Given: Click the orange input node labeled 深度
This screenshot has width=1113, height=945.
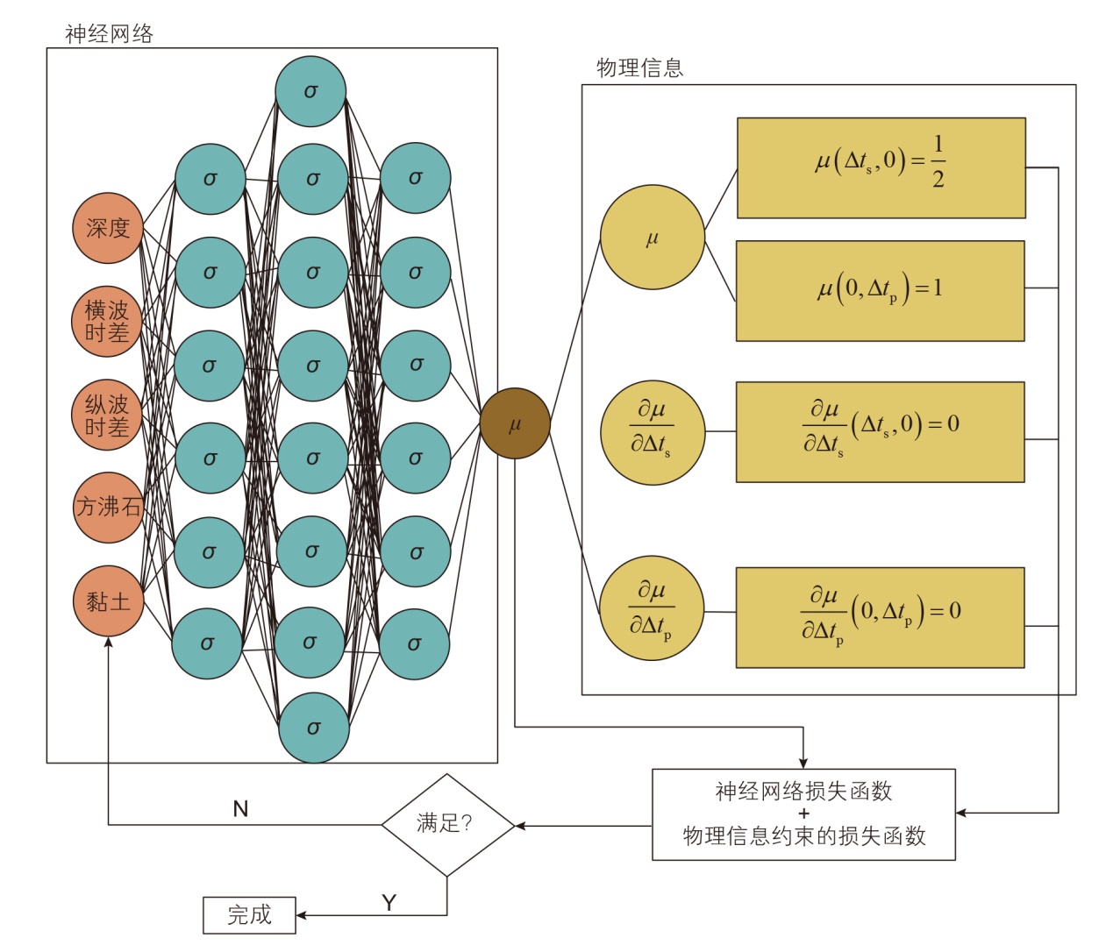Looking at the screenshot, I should click(108, 228).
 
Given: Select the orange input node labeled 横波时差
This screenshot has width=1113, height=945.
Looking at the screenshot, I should click(107, 322).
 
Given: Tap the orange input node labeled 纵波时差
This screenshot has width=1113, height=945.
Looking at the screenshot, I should click(107, 416).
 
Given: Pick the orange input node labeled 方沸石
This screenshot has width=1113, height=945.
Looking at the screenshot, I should click(108, 508).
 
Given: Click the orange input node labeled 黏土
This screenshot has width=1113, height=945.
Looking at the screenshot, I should click(108, 601).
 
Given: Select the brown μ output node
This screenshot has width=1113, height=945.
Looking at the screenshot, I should click(515, 424).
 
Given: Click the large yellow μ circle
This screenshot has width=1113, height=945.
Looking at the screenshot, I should click(653, 237).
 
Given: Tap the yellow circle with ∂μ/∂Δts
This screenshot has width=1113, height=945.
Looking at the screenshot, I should click(653, 431).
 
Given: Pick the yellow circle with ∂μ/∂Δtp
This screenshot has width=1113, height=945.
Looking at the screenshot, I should click(652, 607).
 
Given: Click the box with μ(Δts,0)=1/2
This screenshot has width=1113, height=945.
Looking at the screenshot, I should click(881, 168).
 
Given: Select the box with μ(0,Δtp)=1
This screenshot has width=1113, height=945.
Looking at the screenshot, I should click(881, 291).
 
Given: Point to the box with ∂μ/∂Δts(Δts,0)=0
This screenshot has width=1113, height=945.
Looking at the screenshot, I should click(881, 431).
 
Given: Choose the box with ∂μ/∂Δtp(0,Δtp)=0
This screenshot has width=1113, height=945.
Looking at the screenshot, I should click(881, 617).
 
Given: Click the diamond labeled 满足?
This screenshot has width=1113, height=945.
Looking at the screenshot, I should click(447, 825).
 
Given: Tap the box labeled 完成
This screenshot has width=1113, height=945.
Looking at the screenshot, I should click(249, 915).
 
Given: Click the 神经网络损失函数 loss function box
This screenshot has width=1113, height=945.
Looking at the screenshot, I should click(803, 814).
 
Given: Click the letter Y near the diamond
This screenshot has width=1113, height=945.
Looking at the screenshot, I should click(389, 902).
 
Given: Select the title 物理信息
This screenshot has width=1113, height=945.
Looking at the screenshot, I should click(639, 68).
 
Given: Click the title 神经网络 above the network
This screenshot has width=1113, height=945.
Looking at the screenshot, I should click(109, 34).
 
